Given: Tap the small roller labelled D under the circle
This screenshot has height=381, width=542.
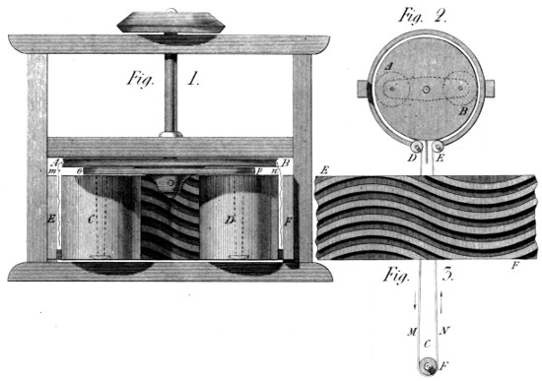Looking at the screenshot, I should click(417, 150).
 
